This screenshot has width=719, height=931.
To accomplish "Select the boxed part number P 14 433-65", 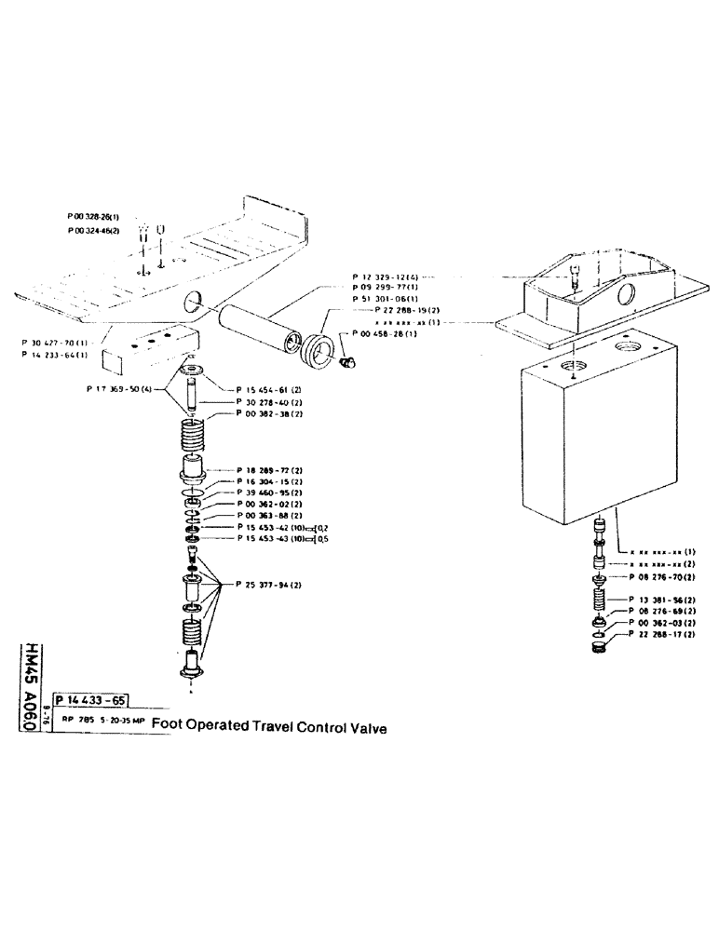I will click(91, 701).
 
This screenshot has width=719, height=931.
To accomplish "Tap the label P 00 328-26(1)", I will click(93, 215).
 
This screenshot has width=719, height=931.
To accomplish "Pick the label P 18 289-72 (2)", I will click(270, 472).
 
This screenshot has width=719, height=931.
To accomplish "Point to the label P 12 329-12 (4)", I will click(385, 277).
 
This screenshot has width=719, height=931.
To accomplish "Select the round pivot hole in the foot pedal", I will click(192, 302).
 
